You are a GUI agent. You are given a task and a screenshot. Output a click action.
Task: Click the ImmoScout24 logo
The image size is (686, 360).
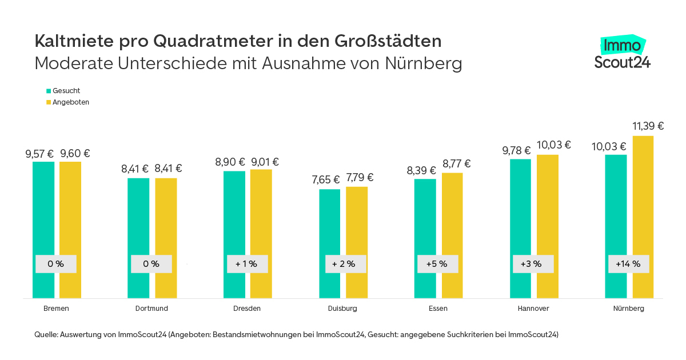(622, 53)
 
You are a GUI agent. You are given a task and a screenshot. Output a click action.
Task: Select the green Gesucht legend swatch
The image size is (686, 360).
(49, 91)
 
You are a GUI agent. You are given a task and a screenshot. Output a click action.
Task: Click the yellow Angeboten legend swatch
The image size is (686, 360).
(49, 102)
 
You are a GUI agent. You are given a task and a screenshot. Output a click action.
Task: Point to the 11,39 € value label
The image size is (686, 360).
(648, 126)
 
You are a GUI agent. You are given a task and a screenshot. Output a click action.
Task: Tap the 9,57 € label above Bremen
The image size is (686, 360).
(39, 154)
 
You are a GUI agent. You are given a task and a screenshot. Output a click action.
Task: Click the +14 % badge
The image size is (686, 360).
(628, 264)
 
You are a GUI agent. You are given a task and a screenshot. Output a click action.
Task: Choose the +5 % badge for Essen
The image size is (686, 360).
(437, 264)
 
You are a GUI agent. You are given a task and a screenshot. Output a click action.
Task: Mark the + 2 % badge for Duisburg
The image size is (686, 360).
(344, 264)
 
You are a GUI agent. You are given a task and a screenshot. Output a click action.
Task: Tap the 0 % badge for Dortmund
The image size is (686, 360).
(151, 264)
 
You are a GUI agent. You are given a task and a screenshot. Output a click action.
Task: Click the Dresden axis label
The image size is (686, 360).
(247, 309)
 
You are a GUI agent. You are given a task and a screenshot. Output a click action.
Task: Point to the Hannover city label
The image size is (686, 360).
(533, 309)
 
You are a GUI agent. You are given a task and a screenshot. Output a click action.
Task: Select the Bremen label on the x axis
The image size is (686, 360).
(56, 309)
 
